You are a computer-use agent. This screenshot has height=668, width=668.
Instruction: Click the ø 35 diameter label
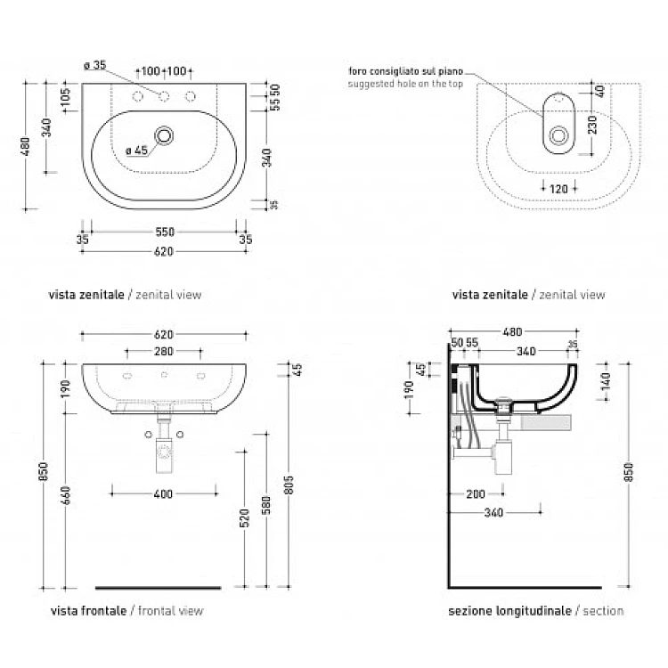(94, 65)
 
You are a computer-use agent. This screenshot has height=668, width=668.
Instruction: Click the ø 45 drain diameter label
(136, 151)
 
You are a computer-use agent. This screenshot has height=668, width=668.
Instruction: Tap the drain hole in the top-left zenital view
(165, 136)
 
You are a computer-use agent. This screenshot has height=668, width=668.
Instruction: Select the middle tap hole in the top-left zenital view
(165, 96)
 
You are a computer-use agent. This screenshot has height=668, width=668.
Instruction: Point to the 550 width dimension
(165, 232)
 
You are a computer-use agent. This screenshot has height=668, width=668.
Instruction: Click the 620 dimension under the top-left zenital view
(165, 251)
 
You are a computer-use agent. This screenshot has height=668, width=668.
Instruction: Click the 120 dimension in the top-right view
(558, 189)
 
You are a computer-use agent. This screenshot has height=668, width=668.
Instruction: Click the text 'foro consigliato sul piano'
(404, 71)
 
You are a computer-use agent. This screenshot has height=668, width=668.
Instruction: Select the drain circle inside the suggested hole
(559, 136)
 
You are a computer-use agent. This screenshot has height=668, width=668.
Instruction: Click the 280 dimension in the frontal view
(164, 352)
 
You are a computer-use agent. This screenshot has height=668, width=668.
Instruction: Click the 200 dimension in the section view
(475, 493)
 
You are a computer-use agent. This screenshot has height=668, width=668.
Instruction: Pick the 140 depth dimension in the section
(607, 379)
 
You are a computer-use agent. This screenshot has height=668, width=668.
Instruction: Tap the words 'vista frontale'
(88, 611)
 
